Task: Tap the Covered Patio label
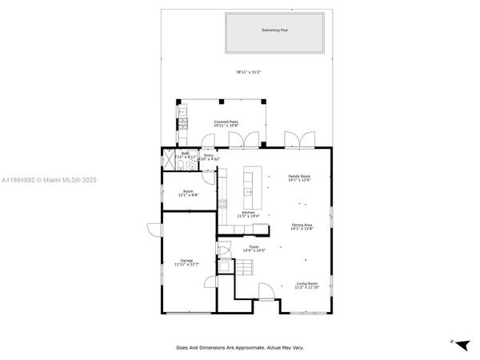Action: click(226, 122)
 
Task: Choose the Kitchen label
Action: click(247, 212)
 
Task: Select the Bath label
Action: click(185, 154)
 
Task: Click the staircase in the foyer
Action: click(229, 269)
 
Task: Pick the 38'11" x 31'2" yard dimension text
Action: click(248, 72)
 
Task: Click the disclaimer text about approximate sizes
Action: click(240, 347)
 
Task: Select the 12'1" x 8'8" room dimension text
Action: click(190, 195)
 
